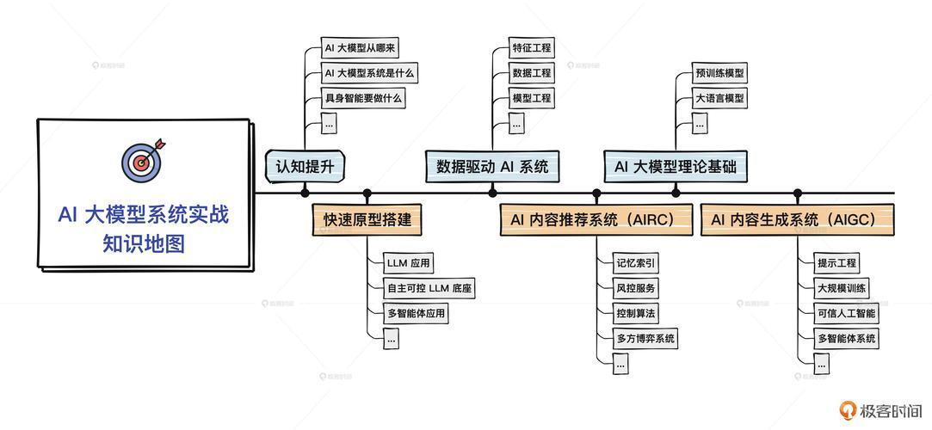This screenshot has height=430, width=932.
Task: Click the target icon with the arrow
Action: point(143,160)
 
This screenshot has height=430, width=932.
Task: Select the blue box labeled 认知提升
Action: point(305,167)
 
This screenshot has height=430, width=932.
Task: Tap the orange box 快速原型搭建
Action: point(367,219)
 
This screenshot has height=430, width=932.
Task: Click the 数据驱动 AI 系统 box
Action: point(492,167)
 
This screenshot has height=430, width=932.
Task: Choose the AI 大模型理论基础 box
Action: point(676,167)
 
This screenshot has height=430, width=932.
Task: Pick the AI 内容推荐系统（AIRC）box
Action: point(596,219)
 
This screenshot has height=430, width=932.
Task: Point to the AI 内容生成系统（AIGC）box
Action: point(797,219)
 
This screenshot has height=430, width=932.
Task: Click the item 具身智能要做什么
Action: point(362,97)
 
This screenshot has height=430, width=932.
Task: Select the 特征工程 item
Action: point(531,47)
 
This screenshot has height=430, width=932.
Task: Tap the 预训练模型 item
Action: point(719,74)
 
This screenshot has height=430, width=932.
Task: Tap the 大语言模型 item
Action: point(719,98)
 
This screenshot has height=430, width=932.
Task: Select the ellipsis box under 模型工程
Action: point(516,123)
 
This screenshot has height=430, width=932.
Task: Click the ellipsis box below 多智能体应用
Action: point(391,339)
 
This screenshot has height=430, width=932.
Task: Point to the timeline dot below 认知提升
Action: point(305,193)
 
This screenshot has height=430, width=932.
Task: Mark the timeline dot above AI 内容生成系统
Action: point(797,193)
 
